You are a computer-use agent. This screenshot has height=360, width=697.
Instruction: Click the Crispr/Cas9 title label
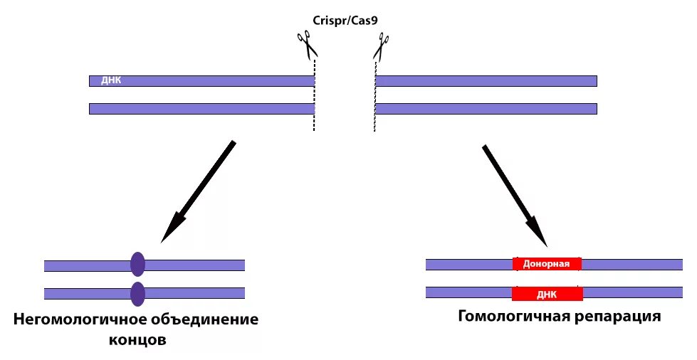tap(347, 19)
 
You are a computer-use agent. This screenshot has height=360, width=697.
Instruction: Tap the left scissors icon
tap(308, 46)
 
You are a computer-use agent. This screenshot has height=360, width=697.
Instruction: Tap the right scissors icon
tap(381, 48)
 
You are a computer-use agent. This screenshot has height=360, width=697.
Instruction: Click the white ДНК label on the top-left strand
tap(112, 80)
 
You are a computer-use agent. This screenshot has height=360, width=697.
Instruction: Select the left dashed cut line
tap(314, 96)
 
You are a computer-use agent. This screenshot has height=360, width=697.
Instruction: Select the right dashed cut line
tap(375, 96)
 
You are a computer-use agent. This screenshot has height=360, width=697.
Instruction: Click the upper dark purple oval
tap(138, 265)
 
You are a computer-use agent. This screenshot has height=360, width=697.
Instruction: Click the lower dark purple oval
tap(138, 293)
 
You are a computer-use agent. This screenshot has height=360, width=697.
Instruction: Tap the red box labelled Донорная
tap(547, 264)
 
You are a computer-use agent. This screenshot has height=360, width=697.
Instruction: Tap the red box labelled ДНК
tap(547, 292)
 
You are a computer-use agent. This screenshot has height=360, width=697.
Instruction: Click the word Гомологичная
tap(513, 315)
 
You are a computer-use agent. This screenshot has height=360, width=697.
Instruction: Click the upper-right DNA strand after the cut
tap(486, 80)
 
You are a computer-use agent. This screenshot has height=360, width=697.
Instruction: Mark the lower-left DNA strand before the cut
tap(201, 109)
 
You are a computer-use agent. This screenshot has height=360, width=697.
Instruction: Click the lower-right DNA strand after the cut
tap(486, 109)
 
